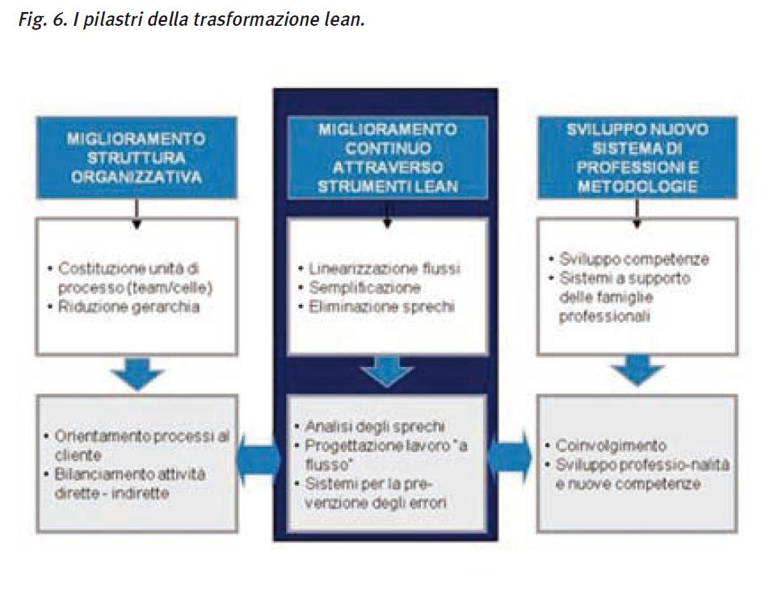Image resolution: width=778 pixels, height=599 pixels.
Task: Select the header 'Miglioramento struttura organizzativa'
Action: pos(136,157)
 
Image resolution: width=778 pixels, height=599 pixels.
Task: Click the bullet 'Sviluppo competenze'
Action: pos(633,259)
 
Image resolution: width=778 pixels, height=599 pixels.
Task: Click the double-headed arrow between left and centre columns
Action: pos(258,462)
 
